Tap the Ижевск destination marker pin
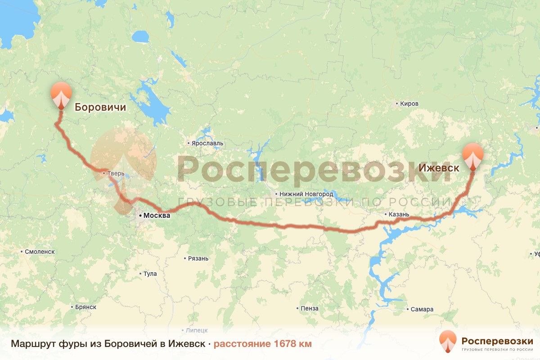click(x=473, y=156)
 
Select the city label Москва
click(x=157, y=216)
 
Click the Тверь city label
click(x=111, y=173)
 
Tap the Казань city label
click(x=399, y=214)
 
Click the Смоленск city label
click(x=40, y=252)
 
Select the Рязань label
click(x=198, y=258)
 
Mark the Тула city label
click(x=150, y=274)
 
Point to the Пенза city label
click(x=310, y=308)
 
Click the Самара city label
click(x=422, y=309)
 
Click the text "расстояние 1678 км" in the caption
click(x=262, y=344)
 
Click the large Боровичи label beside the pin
click(x=100, y=107)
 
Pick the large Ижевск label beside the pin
click(x=439, y=168)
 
